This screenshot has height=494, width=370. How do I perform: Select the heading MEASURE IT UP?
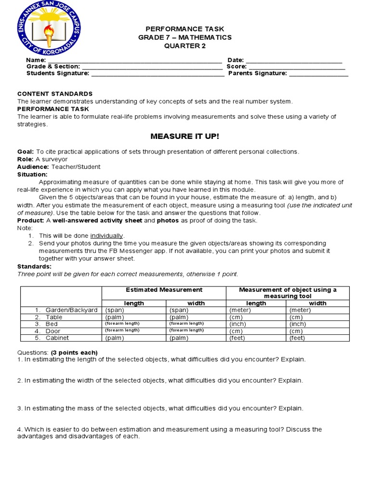point(185,137)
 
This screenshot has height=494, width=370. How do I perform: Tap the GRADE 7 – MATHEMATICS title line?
point(185,38)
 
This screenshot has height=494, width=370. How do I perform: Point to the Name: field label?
point(36,60)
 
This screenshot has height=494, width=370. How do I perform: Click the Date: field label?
point(236,60)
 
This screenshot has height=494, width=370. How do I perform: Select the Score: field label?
point(237,67)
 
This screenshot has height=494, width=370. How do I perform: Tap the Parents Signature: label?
point(257,73)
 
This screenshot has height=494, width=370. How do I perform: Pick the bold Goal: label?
point(26,151)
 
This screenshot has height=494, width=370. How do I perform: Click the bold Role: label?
point(25,159)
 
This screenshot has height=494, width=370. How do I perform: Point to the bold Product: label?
point(30,220)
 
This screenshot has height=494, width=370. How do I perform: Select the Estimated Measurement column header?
point(164,290)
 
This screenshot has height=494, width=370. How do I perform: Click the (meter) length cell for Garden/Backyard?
point(240,310)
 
